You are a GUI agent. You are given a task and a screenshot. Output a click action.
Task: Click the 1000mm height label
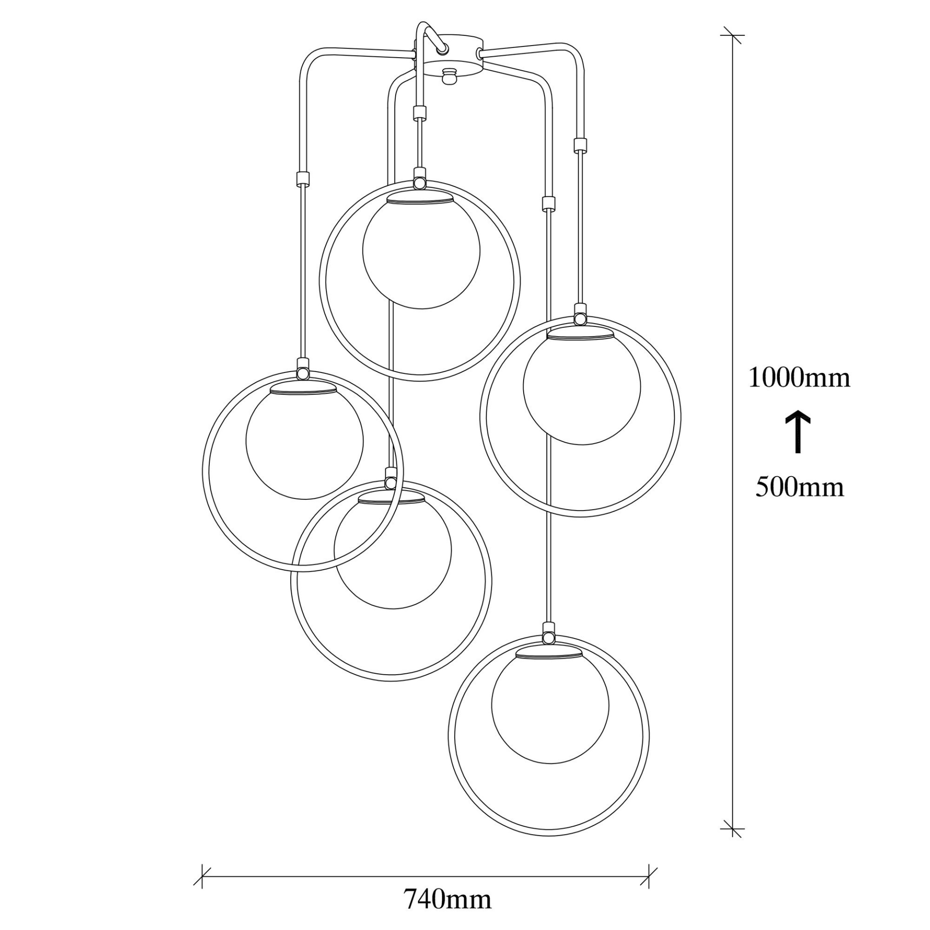pos(799,378)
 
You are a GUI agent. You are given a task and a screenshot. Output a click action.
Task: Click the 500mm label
pos(799,487)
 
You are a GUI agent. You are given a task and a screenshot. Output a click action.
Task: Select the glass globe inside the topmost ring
pos(421,254)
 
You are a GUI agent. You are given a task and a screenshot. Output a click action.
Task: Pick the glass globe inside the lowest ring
pos(550,709)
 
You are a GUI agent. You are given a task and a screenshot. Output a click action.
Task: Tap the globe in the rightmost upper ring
pos(581,390)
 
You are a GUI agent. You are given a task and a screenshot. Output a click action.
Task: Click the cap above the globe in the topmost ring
pos(420,199)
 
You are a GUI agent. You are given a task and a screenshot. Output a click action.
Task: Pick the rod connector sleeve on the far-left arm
pos(302,179)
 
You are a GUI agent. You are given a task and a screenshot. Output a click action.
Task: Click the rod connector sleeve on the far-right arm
pos(580,145)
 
